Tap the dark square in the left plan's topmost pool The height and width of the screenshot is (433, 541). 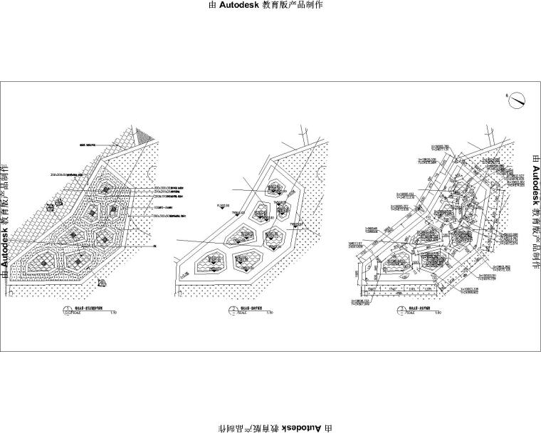tap(106, 189)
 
